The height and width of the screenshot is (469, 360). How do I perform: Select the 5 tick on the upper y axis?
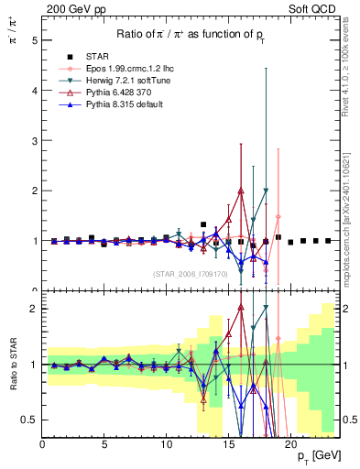(x=34, y=41)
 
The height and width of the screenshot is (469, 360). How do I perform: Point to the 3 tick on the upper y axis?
(x=34, y=141)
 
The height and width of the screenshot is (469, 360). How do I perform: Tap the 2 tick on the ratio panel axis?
(x=34, y=309)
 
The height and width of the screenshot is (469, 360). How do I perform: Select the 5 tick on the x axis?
(x=104, y=446)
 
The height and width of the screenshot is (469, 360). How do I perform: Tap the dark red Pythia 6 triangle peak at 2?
(x=241, y=191)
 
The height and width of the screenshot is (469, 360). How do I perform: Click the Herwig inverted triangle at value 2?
(x=266, y=191)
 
